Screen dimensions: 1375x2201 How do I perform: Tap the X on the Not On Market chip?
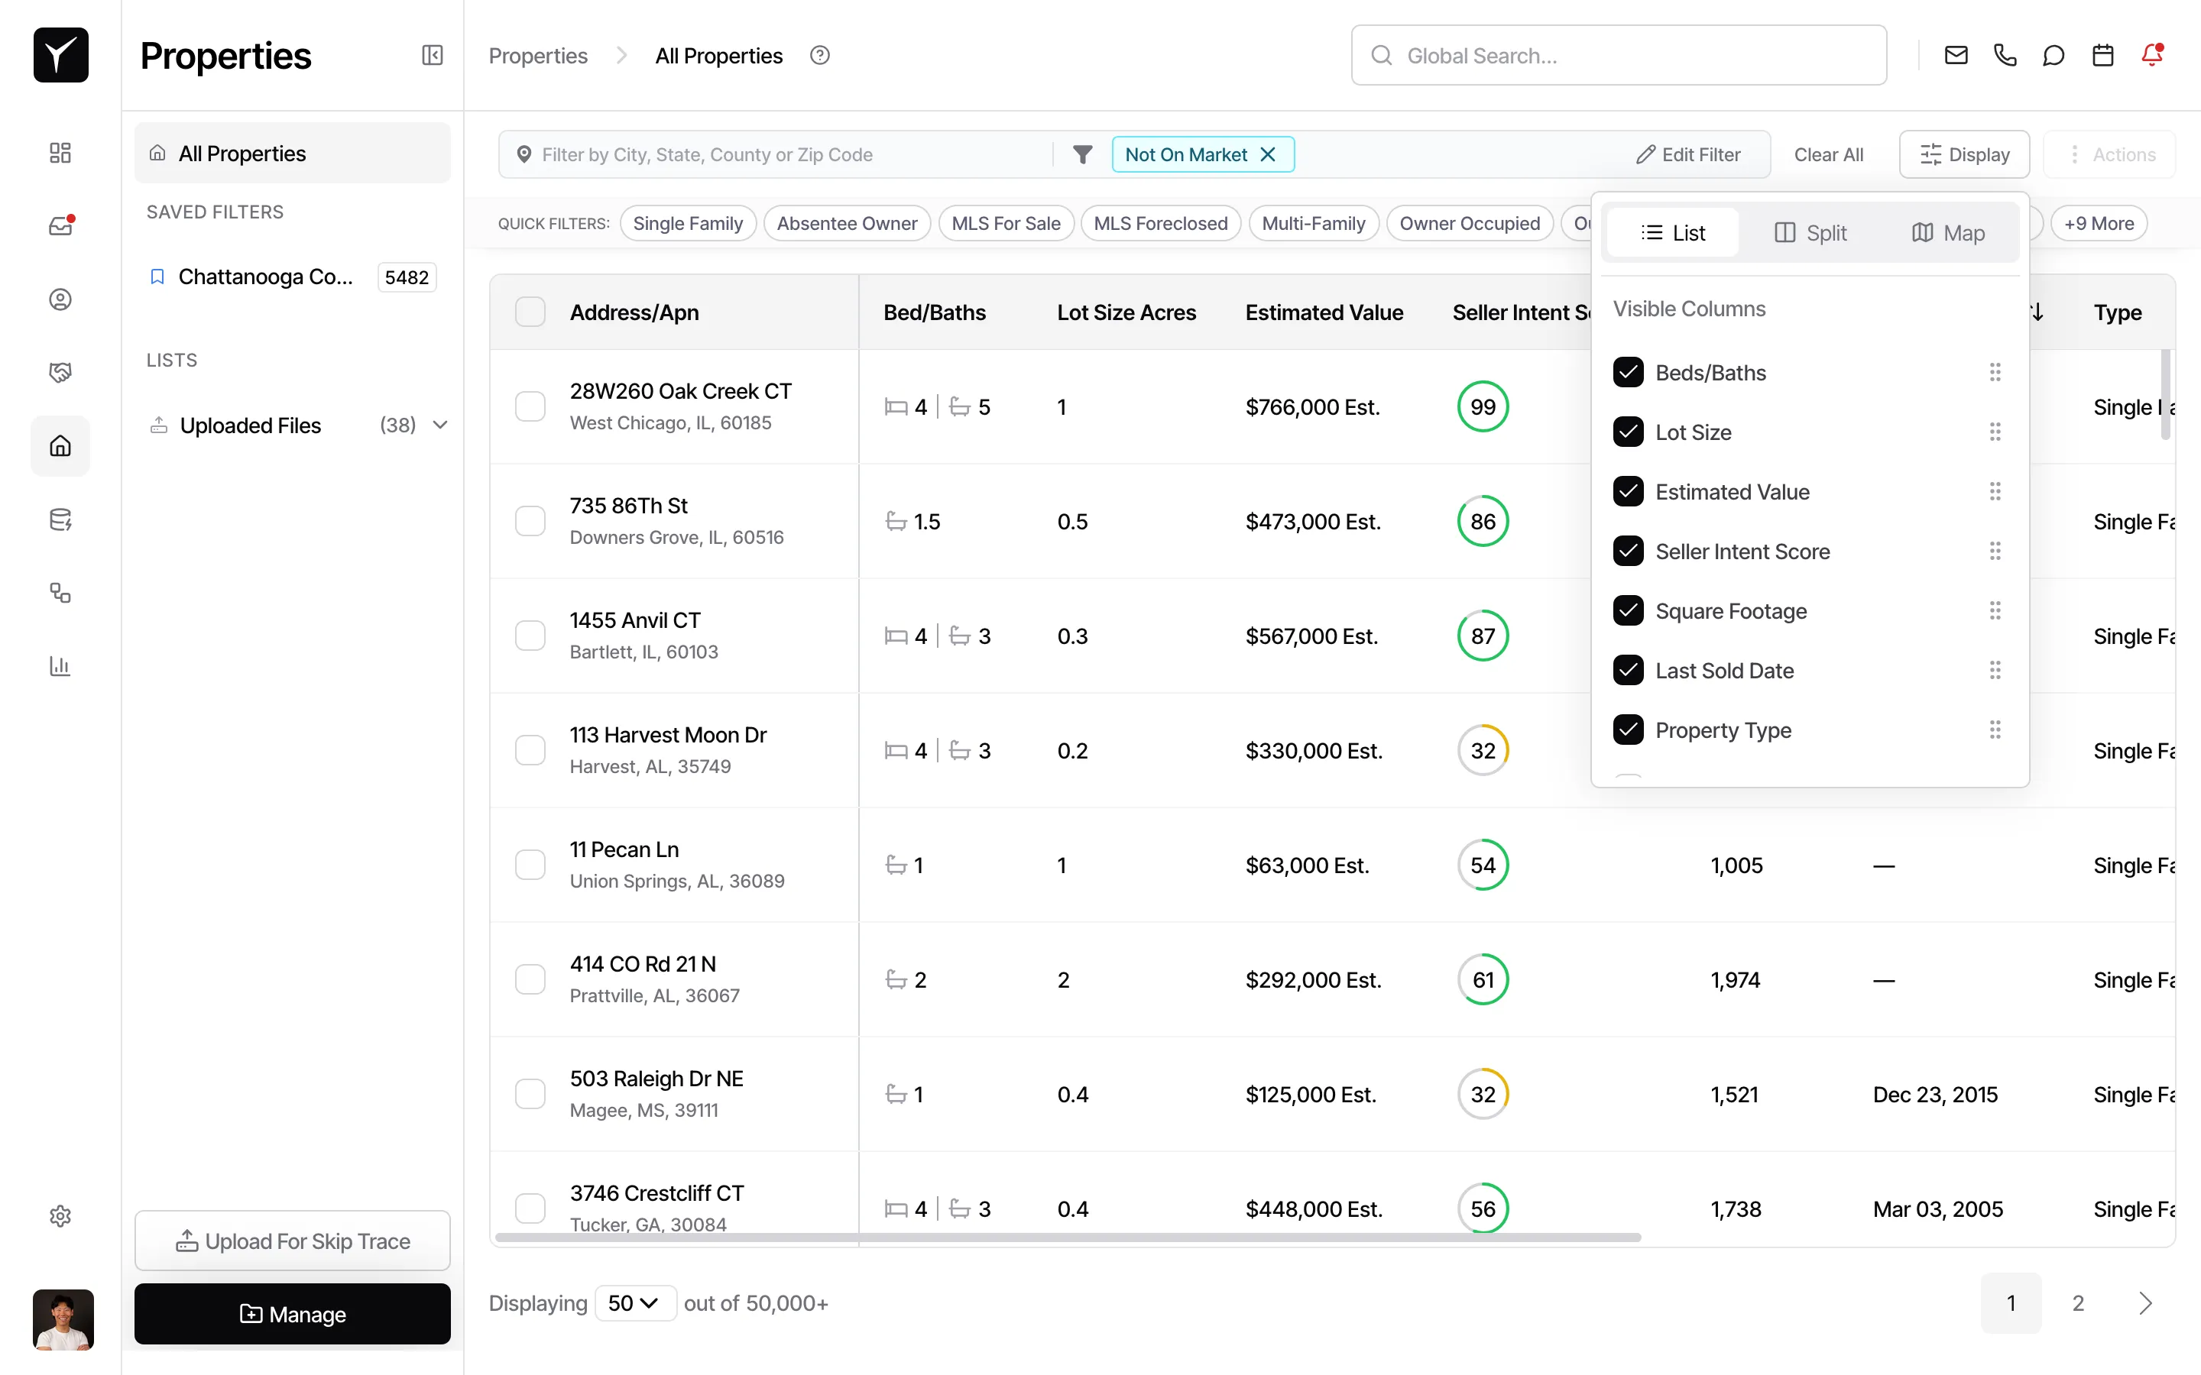(1267, 154)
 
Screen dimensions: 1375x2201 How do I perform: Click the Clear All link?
(1828, 154)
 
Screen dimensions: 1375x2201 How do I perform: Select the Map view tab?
(1948, 233)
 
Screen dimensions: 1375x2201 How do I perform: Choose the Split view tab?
(1810, 233)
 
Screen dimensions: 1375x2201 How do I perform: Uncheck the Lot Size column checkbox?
(1628, 432)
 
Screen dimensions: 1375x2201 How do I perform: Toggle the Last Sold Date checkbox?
(1628, 670)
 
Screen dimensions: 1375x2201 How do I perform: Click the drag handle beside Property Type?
(1995, 730)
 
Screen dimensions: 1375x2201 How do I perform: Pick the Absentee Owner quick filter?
(847, 224)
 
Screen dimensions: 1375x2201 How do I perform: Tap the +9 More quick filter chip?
(2099, 224)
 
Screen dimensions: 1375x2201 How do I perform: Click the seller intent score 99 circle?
(1483, 406)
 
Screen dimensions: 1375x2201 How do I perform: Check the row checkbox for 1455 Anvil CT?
(530, 635)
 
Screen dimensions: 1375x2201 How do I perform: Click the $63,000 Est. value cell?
(1307, 865)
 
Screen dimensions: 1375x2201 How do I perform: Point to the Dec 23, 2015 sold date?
(1934, 1094)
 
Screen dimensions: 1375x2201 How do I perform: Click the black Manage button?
(292, 1313)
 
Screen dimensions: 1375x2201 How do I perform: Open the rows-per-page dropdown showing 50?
(634, 1303)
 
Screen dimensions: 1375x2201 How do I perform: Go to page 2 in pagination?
(2077, 1303)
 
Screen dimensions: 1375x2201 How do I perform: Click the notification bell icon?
(2152, 56)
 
